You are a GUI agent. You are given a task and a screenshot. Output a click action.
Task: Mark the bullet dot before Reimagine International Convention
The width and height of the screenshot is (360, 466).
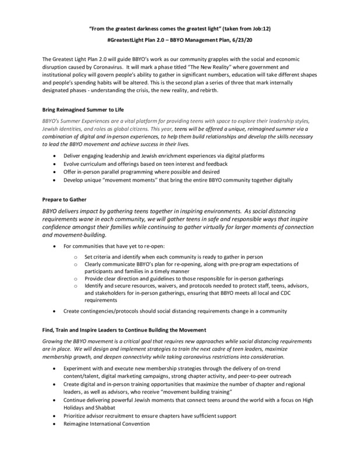click(55, 426)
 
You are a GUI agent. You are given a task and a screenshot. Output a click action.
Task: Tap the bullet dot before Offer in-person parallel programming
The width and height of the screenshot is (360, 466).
click(55, 172)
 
